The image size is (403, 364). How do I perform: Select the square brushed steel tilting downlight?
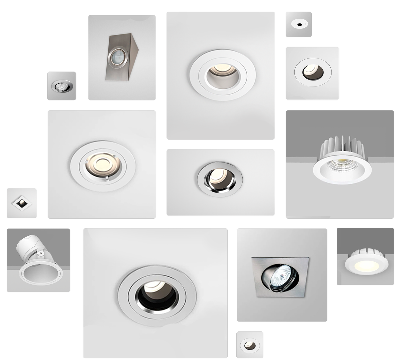[x=280, y=277]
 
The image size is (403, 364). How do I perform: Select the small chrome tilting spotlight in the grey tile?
[x=62, y=86]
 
